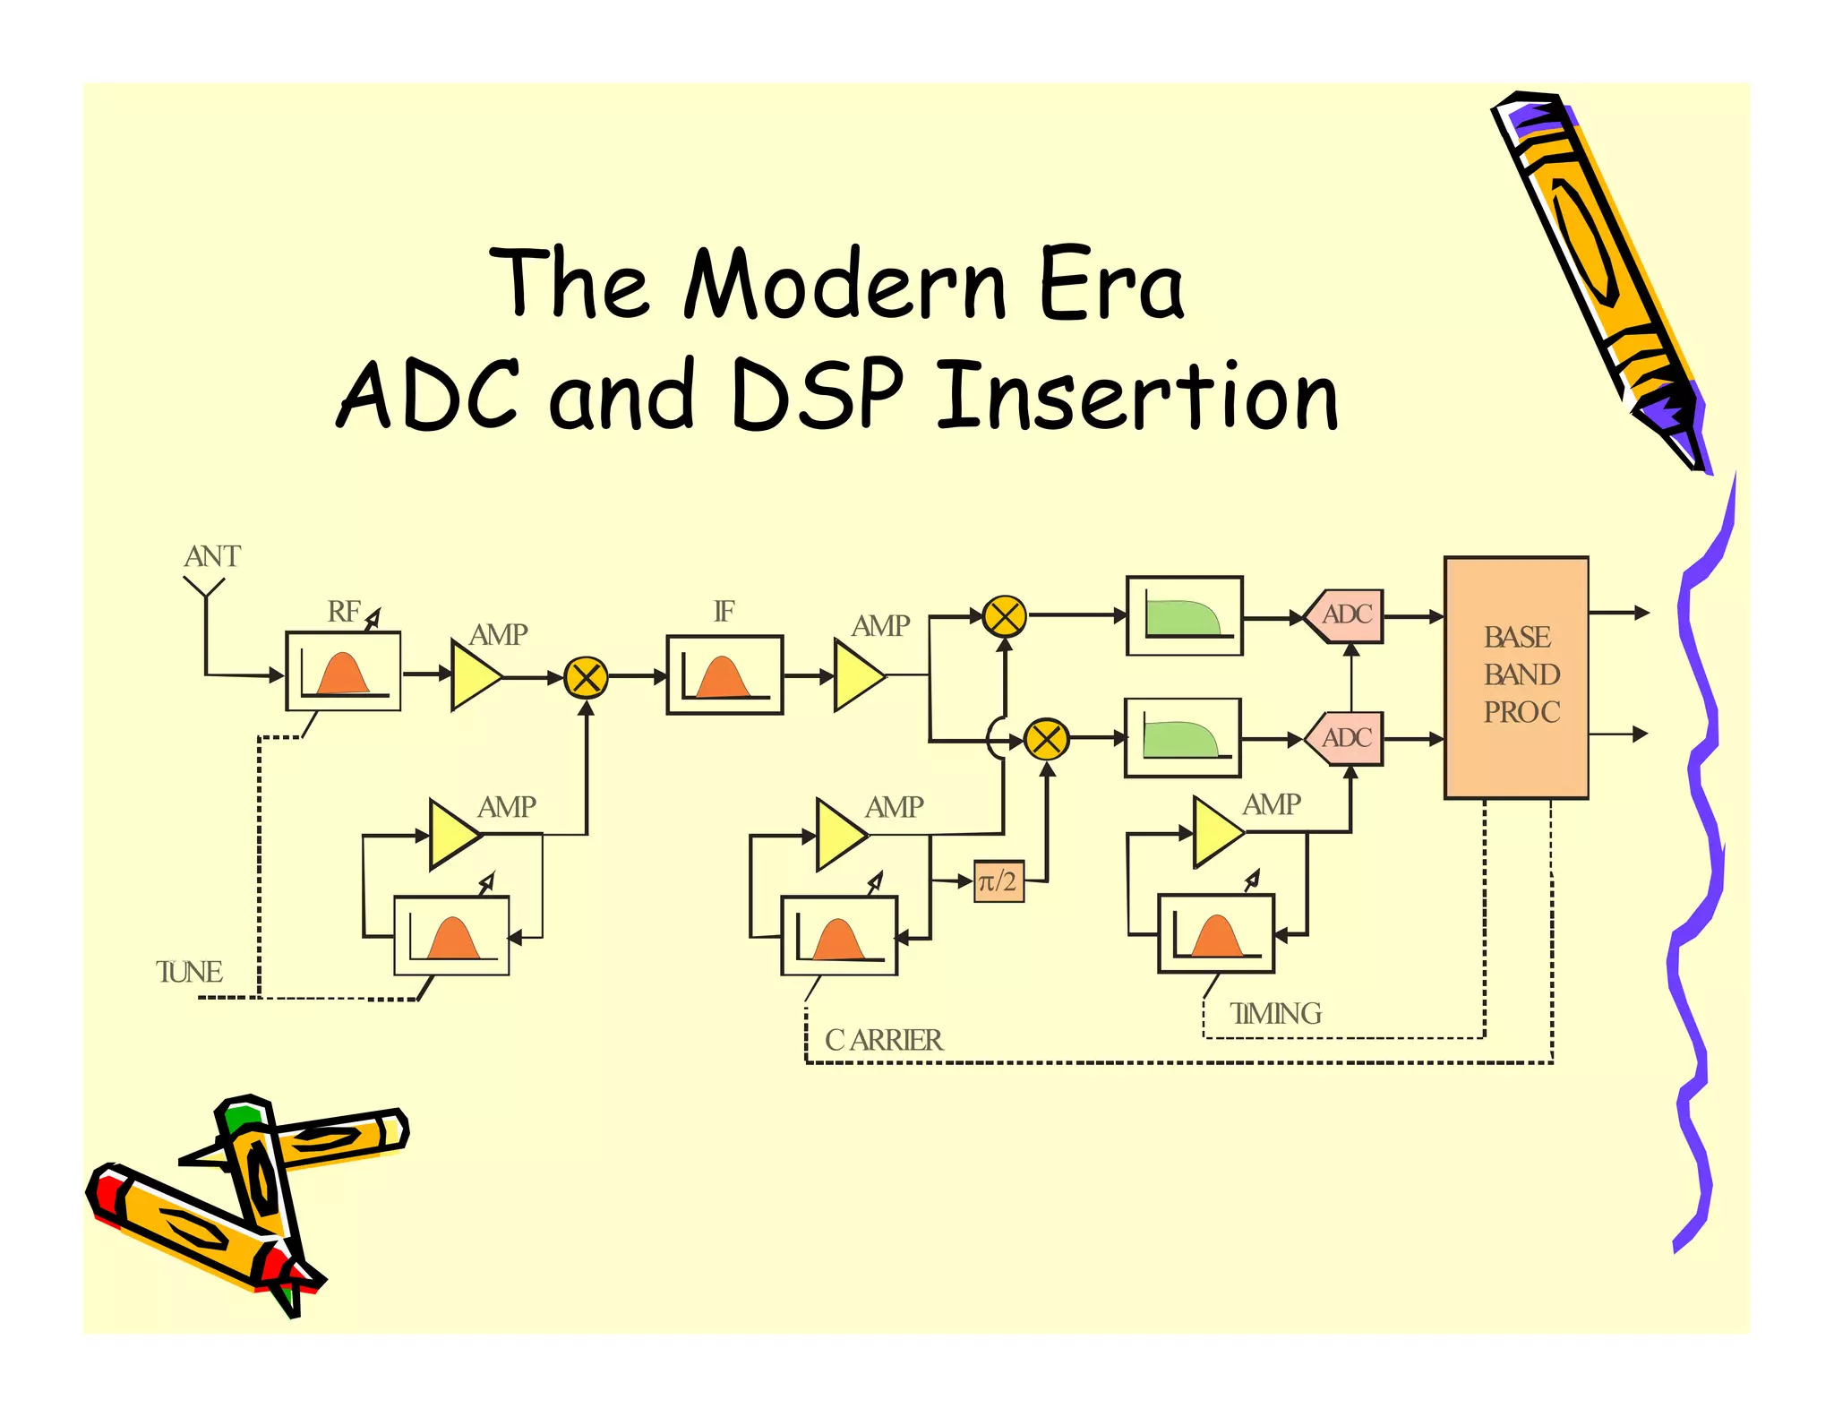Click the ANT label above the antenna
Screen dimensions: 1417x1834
pos(212,556)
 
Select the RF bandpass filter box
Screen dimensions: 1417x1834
pos(343,671)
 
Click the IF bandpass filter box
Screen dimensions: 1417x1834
pos(724,674)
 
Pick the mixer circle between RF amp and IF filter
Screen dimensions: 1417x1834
pos(587,677)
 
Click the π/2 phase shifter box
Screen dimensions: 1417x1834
pos(998,881)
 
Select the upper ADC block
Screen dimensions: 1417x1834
pos(1345,615)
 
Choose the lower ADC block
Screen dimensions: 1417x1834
pos(1345,738)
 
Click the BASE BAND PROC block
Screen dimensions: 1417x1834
pos(1516,676)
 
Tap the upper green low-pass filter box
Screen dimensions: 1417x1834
pos(1184,616)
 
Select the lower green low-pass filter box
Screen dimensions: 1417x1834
pos(1183,738)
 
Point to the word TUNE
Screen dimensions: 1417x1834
pos(189,972)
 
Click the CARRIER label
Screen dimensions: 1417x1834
pos(884,1040)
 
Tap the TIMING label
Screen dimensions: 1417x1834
pos(1275,1013)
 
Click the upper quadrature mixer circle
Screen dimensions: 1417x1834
pos(1004,616)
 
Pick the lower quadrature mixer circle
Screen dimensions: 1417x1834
pos(1046,740)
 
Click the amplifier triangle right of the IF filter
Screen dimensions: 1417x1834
pos(856,675)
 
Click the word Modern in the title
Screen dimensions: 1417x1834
pos(845,284)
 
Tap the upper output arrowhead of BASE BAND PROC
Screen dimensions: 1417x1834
pos(1641,613)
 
